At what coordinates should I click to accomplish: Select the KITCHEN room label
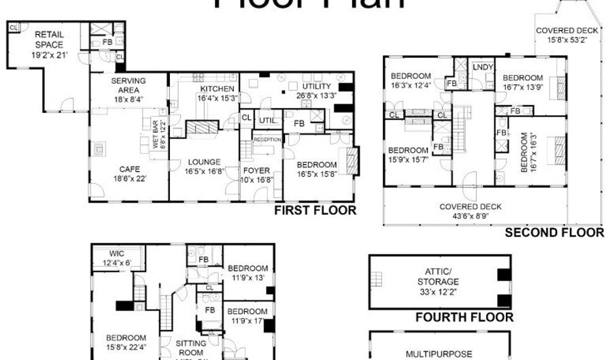[217, 89]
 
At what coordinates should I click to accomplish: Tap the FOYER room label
[256, 171]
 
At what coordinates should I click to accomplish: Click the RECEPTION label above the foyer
[267, 140]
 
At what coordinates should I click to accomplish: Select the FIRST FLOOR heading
[315, 210]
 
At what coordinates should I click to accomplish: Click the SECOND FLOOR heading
[554, 233]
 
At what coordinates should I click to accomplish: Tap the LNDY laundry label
[483, 67]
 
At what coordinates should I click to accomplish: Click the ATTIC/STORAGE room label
[437, 276]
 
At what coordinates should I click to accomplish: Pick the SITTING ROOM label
[190, 348]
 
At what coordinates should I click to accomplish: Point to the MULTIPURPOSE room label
[439, 354]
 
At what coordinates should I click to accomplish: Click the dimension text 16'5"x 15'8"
[316, 175]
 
